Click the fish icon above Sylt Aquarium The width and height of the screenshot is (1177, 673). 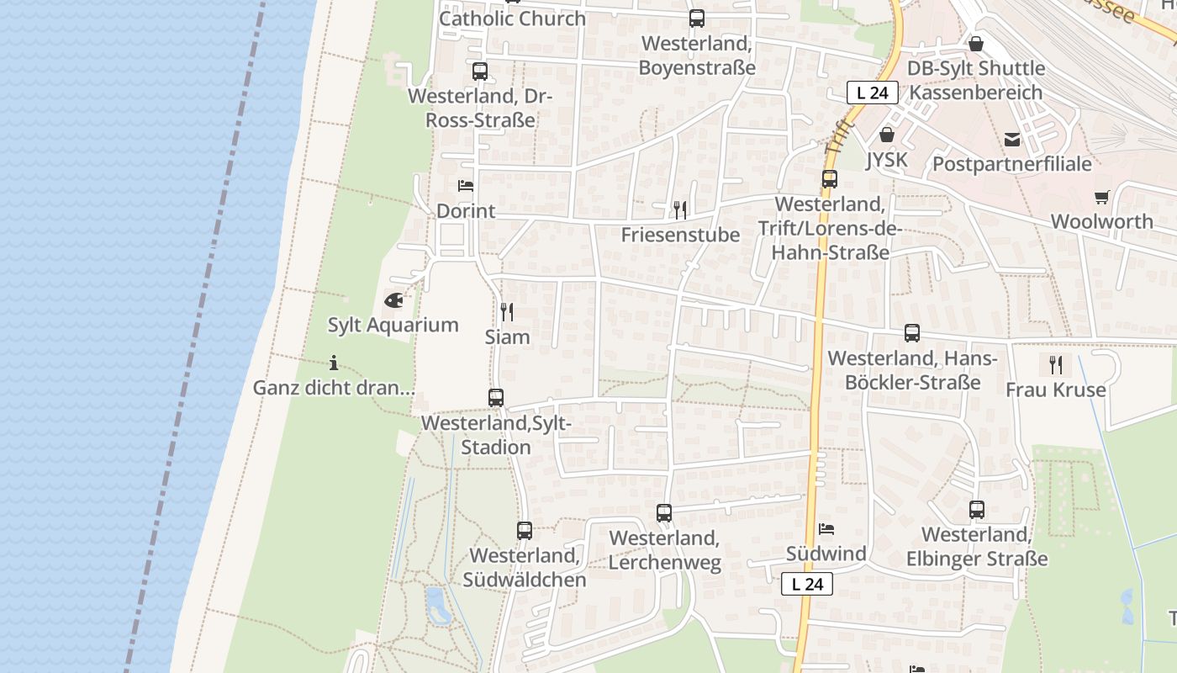coord(393,299)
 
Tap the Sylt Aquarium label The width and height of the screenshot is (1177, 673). coord(393,325)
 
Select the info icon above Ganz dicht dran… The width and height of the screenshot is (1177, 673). coord(334,363)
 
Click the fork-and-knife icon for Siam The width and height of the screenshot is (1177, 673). coord(507,312)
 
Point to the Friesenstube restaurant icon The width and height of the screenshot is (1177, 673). coord(680,209)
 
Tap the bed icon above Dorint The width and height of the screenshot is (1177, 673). coord(466,185)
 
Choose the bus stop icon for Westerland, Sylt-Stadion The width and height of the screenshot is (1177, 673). coord(496,398)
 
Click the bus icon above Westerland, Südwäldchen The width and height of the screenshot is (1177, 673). coord(525,531)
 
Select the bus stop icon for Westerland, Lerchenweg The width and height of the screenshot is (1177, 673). coord(664,512)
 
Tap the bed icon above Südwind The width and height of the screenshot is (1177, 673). coord(826,529)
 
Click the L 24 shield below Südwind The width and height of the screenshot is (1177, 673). coord(807,584)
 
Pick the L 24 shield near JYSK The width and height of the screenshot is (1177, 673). coord(873,93)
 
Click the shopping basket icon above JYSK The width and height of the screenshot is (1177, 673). coord(887,135)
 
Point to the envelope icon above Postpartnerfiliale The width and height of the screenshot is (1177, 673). coord(1011,139)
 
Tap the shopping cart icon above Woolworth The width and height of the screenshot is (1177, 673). coord(1101,197)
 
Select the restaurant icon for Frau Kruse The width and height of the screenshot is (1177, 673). coord(1056,364)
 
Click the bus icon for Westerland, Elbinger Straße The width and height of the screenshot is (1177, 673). coord(977,509)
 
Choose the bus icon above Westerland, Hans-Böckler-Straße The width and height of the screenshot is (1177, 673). coord(912,333)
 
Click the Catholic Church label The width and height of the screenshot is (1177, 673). coord(512,19)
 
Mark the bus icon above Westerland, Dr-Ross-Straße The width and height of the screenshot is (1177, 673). coord(480,72)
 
